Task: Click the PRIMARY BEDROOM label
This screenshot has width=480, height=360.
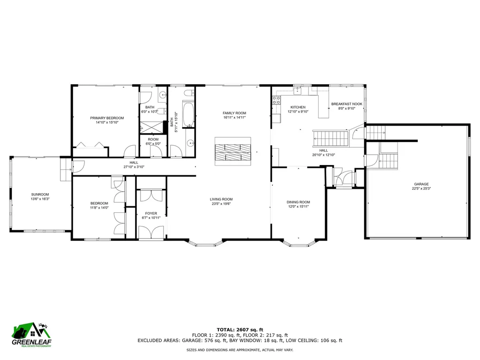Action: click(x=107, y=118)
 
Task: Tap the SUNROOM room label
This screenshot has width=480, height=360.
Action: click(x=40, y=195)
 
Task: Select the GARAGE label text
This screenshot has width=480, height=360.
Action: click(x=421, y=184)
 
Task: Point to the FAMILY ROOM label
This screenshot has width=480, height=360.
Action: click(x=234, y=113)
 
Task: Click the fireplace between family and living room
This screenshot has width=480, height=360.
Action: click(x=233, y=151)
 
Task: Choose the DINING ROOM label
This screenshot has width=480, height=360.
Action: click(x=298, y=202)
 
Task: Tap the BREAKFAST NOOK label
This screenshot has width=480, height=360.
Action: click(x=347, y=104)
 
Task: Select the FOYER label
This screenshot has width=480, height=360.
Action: click(x=151, y=213)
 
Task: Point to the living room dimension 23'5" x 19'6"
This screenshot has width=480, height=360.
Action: click(x=221, y=204)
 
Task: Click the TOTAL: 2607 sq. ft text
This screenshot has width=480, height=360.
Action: click(x=240, y=330)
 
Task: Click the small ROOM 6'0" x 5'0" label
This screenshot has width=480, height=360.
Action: click(x=153, y=139)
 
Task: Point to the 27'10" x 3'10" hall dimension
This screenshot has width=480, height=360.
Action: click(x=134, y=167)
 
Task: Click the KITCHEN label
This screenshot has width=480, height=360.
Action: click(x=298, y=107)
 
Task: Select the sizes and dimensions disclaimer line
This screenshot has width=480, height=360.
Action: click(x=240, y=350)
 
